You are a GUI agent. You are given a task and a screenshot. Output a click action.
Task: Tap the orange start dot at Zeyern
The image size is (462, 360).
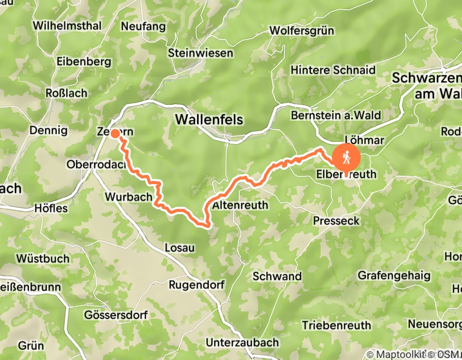tap(115, 134)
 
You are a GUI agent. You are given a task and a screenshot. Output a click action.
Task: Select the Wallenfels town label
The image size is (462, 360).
tap(209, 119)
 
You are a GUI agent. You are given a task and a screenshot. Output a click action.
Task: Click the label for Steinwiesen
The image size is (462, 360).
tap(201, 53)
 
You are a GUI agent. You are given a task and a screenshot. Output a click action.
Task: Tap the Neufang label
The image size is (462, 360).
tap(144, 26)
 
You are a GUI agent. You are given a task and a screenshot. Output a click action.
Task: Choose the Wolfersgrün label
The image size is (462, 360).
tap(303, 31)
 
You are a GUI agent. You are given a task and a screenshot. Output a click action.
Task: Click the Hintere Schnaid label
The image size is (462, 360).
tap(333, 70)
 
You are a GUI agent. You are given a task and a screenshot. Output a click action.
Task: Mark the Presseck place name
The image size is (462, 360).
tap(336, 221)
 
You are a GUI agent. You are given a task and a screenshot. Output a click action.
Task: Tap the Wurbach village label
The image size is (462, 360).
tap(129, 197)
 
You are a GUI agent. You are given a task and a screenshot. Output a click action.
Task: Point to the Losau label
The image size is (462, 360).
tap(180, 248)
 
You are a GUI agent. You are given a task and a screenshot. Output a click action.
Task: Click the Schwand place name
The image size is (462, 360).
tap(277, 276)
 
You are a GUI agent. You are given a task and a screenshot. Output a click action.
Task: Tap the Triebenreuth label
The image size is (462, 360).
tap(336, 325)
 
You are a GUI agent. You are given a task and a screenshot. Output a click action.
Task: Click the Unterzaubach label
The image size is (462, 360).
tap(242, 342)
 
